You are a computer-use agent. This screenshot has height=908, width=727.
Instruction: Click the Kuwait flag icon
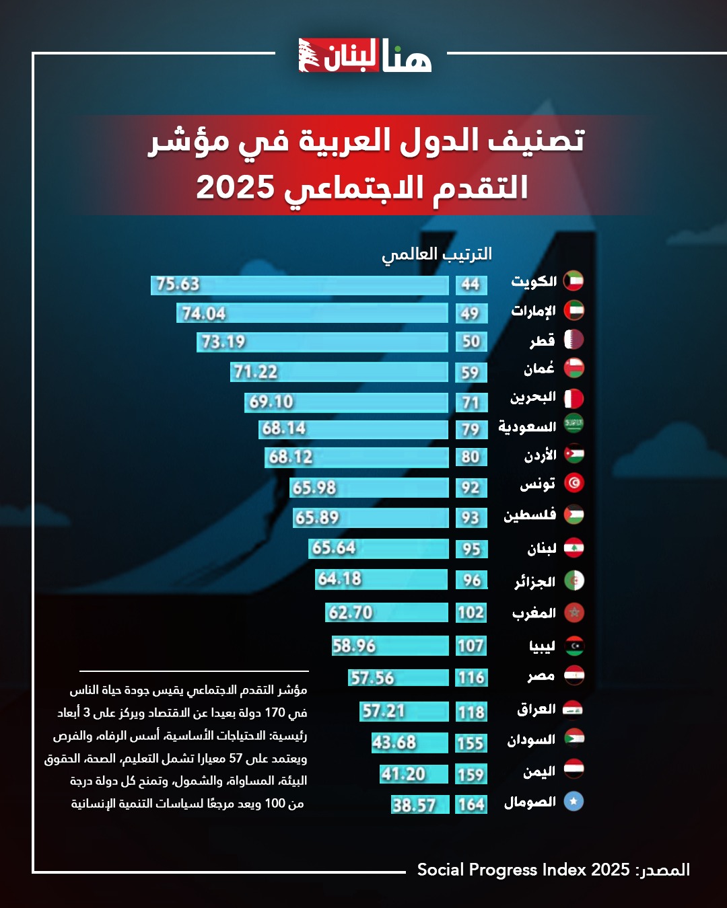point(574,280)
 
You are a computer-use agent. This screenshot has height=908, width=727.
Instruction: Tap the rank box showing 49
point(471,313)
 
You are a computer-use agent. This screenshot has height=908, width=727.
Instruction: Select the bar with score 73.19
point(322,342)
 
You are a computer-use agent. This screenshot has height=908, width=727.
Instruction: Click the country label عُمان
point(539,369)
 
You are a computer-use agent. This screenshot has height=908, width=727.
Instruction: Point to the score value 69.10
point(271,402)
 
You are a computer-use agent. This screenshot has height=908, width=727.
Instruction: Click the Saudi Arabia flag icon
point(574,424)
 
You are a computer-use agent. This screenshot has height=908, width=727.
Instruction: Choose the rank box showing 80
point(471,457)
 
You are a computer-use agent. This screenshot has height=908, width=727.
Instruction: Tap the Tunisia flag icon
point(574,483)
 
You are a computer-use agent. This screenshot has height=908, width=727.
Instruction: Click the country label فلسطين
point(530,515)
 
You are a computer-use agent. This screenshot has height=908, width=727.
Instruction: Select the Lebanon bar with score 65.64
point(378,548)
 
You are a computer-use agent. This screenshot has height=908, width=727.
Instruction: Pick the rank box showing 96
point(471,580)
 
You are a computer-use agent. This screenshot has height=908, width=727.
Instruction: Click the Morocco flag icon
point(574,613)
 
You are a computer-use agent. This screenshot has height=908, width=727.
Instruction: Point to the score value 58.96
point(354,646)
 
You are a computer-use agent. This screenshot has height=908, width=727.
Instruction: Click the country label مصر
point(541,676)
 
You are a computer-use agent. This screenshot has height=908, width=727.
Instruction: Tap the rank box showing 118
point(471,712)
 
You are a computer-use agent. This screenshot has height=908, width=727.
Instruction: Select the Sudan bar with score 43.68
point(409,743)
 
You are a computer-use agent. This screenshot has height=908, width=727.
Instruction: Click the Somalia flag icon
point(574,801)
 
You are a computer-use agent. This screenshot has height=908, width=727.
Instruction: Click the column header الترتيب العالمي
point(437,254)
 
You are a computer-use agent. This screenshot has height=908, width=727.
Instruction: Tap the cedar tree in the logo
point(310,56)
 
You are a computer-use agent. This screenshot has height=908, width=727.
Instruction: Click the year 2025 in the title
point(235,188)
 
